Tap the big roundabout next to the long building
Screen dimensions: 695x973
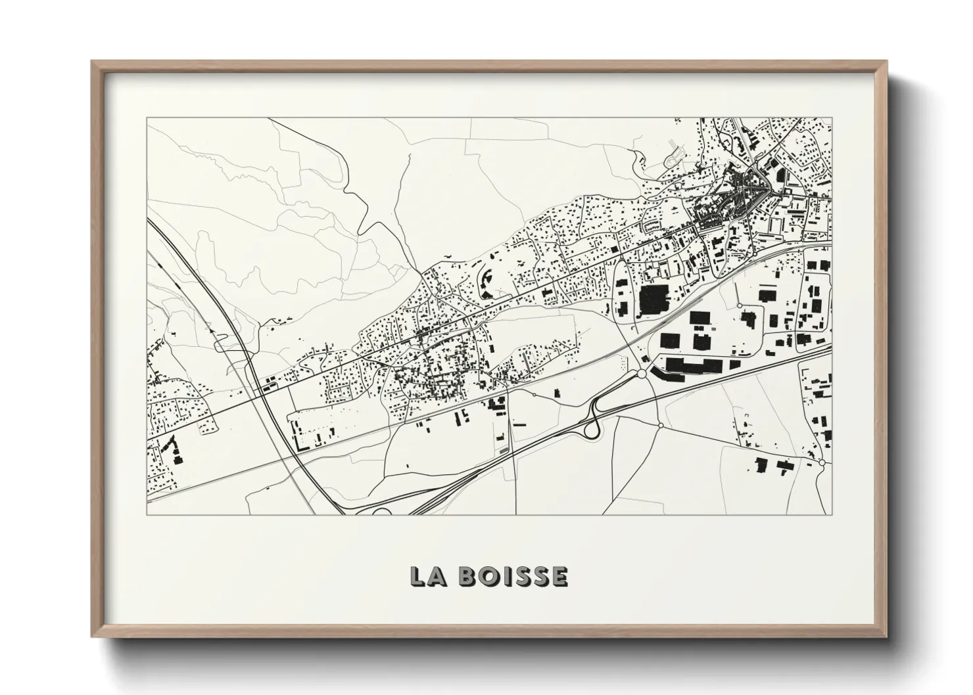pyautogui.click(x=641, y=374)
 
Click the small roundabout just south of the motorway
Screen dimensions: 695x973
pyautogui.click(x=660, y=425)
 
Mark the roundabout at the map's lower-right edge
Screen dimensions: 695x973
pyautogui.click(x=822, y=463)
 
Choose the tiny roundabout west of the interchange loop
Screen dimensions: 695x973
pyautogui.click(x=533, y=394)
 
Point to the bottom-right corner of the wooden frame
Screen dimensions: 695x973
pyautogui.click(x=886, y=636)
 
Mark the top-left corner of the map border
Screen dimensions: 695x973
pyautogui.click(x=147, y=119)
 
